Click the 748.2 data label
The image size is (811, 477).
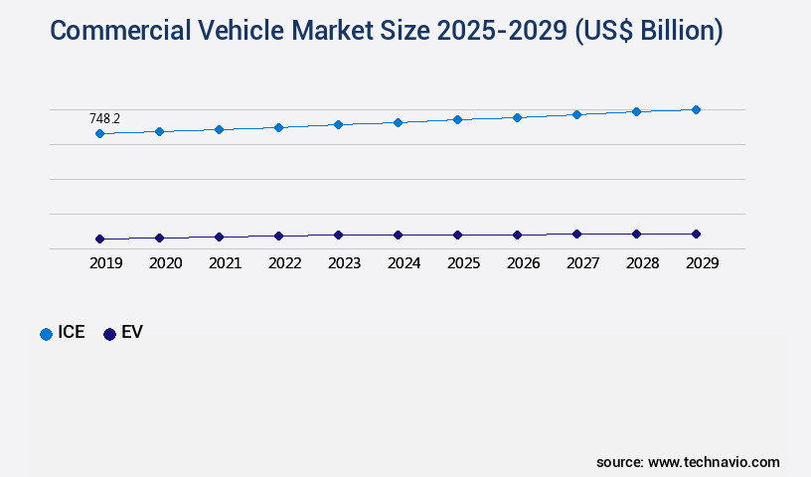point(104,118)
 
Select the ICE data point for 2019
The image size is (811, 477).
point(99,133)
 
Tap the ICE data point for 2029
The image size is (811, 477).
point(696,109)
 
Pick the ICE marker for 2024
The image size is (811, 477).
point(398,122)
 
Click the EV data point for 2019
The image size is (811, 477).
point(99,238)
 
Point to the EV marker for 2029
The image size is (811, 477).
point(696,234)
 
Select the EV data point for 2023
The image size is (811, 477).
point(338,236)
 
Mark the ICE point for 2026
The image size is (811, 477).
point(517,117)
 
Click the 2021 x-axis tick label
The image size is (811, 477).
point(225,263)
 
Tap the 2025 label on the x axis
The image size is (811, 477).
point(463,263)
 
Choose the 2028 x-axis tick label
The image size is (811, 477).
point(642,263)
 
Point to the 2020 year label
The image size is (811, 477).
point(165,263)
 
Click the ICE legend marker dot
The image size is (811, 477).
point(46,334)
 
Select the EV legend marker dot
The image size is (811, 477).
point(109,334)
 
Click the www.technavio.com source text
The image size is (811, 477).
point(714,462)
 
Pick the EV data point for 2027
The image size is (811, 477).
point(576,234)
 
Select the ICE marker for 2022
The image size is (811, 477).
point(278,127)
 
